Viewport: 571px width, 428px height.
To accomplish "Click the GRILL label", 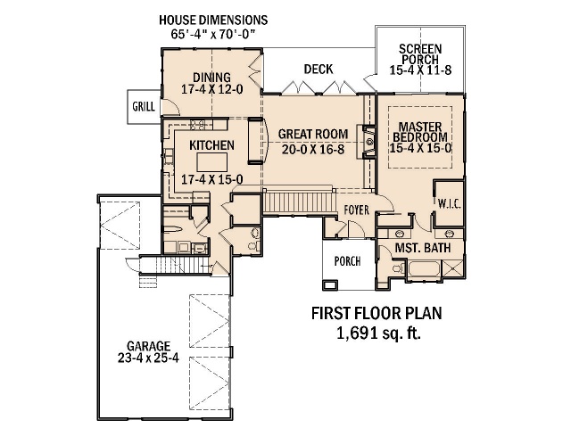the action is click(x=144, y=107).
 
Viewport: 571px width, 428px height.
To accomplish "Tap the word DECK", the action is click(x=319, y=70).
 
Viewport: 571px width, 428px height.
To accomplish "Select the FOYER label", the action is click(x=357, y=210).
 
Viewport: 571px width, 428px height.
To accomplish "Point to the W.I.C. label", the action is click(x=449, y=204).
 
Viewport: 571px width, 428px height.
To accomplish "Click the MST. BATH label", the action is click(x=423, y=248).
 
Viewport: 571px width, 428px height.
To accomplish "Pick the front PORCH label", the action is click(x=347, y=261).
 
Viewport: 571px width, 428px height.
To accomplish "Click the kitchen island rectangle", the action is click(x=212, y=162).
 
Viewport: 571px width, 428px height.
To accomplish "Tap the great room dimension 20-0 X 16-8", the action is click(x=313, y=149).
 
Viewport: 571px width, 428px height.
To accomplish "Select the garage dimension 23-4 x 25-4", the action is click(x=148, y=358).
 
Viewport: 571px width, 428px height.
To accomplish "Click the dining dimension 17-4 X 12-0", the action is click(x=212, y=89).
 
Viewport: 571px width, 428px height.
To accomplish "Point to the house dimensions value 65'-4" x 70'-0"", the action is click(x=212, y=34).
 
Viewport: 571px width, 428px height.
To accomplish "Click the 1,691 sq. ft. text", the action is click(x=378, y=333).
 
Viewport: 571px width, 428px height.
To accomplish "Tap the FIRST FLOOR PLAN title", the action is click(x=377, y=313).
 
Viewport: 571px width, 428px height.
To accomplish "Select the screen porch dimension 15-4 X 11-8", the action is click(x=420, y=70).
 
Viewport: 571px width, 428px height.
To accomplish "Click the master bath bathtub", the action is click(x=424, y=269).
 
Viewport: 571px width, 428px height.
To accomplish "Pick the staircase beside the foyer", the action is click(x=299, y=202).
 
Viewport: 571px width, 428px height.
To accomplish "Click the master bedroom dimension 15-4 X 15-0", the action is click(x=420, y=148).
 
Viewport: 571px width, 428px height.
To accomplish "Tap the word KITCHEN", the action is click(x=212, y=145).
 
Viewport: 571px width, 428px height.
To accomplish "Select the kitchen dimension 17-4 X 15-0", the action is click(x=212, y=179).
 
